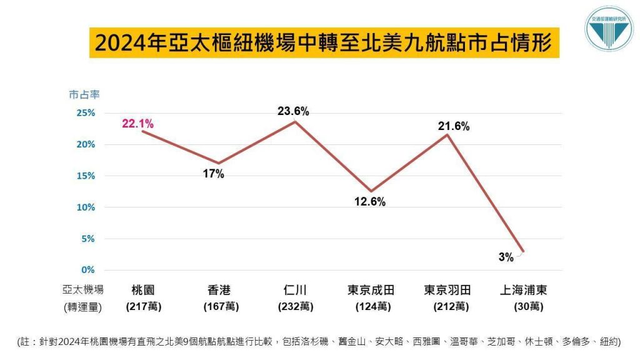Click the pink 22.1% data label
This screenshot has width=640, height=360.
(137, 124)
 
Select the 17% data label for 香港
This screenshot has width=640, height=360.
(214, 174)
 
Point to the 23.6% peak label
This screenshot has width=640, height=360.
(293, 111)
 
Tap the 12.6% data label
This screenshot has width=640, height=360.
(370, 202)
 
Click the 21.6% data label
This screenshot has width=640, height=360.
(453, 126)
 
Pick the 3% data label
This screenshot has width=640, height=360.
(506, 257)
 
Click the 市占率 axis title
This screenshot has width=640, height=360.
(84, 94)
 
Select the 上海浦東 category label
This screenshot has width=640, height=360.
(524, 290)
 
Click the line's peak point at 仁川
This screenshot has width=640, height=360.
(294, 121)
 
